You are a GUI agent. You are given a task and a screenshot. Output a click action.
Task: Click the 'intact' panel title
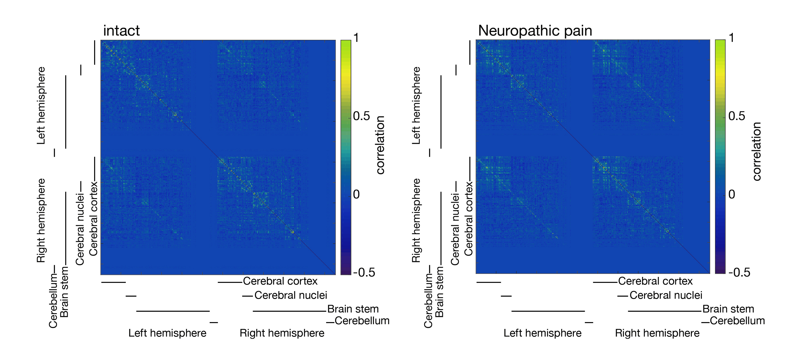click(121, 31)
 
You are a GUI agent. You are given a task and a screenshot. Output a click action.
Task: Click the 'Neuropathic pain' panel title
click(535, 31)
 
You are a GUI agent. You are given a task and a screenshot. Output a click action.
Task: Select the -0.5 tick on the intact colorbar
click(364, 272)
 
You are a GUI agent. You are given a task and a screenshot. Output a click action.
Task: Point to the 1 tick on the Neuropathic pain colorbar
click(731, 38)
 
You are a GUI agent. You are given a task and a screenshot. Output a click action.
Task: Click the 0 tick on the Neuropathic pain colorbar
click(731, 194)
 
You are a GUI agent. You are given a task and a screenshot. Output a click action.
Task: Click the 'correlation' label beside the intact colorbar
click(380, 145)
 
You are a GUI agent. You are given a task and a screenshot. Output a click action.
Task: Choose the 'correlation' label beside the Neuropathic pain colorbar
click(756, 151)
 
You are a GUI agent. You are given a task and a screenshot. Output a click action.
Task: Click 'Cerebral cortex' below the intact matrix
click(280, 281)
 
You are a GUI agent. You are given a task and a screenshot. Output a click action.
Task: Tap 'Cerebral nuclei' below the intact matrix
click(291, 295)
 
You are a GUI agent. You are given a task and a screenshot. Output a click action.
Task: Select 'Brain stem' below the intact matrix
click(353, 309)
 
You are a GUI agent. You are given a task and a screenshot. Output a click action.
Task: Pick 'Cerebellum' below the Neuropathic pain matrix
click(737, 321)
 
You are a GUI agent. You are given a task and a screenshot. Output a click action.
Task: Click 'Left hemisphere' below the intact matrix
click(167, 333)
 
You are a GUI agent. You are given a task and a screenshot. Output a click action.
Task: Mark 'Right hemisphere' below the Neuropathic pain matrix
click(657, 333)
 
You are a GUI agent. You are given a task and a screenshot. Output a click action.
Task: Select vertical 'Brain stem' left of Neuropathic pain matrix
click(439, 292)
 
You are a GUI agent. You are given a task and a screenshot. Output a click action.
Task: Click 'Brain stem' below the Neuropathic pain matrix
click(728, 309)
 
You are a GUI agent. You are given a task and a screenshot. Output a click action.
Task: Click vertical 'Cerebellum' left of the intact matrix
click(53, 301)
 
